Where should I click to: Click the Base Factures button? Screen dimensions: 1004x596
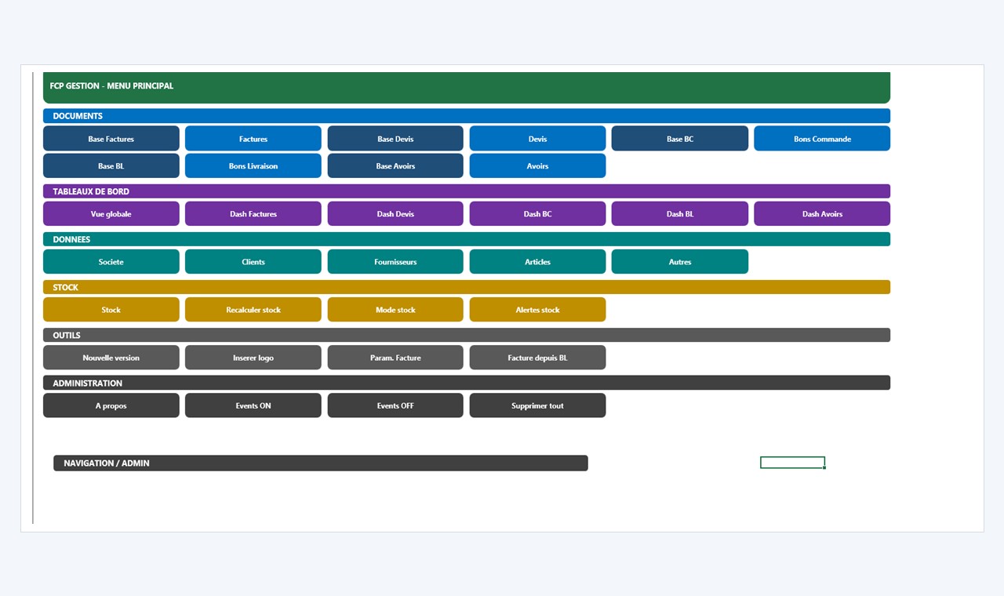pyautogui.click(x=111, y=139)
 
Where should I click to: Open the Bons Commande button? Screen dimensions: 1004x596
pyautogui.click(x=822, y=139)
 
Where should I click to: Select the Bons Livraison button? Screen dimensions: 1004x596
pyautogui.click(x=253, y=165)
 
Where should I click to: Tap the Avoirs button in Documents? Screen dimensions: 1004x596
pyautogui.click(x=537, y=165)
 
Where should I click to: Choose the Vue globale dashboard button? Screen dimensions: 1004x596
pyautogui.click(x=111, y=214)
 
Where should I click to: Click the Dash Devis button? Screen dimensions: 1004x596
pyautogui.click(x=395, y=214)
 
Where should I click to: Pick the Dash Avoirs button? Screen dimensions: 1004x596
pyautogui.click(x=822, y=214)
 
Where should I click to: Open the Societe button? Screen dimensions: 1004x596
pyautogui.click(x=111, y=262)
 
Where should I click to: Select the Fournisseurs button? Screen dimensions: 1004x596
pyautogui.click(x=395, y=262)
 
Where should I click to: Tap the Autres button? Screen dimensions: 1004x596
pyautogui.click(x=679, y=262)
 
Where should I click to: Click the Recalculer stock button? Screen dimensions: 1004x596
pyautogui.click(x=253, y=310)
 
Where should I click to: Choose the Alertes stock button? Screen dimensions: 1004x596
pyautogui.click(x=537, y=310)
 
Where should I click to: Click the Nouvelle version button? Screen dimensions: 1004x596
pyautogui.click(x=111, y=358)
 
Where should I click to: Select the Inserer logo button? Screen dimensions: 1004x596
pyautogui.click(x=253, y=358)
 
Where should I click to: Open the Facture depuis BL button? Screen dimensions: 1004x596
pyautogui.click(x=537, y=358)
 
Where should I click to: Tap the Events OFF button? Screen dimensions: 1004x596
pyautogui.click(x=395, y=405)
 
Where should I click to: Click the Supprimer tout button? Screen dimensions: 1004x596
pyautogui.click(x=537, y=405)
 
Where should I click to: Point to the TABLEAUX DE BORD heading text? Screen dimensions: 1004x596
pyautogui.click(x=91, y=191)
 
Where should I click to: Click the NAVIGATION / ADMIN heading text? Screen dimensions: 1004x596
pyautogui.click(x=107, y=463)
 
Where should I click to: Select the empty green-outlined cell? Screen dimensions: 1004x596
pyautogui.click(x=792, y=457)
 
